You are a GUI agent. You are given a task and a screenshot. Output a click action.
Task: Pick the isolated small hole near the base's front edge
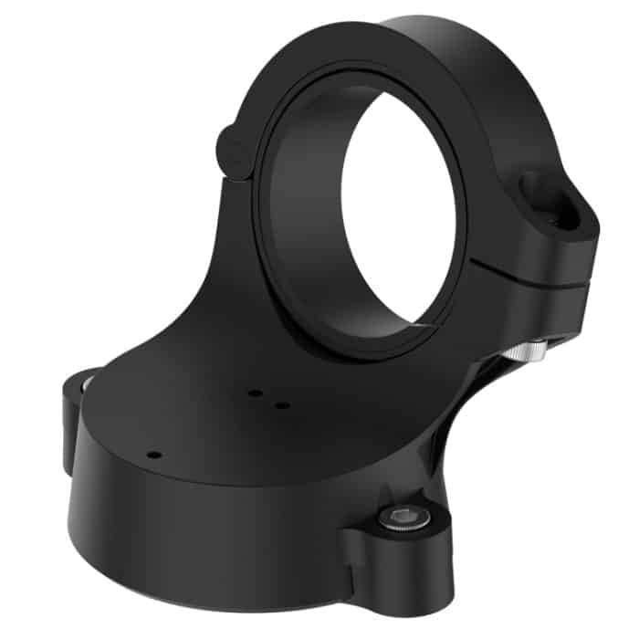click(x=154, y=454)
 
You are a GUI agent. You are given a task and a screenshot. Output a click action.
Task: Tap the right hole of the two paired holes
click(x=282, y=404)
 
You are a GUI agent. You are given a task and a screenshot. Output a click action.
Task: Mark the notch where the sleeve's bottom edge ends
click(x=422, y=324)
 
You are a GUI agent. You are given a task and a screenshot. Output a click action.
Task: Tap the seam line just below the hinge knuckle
click(x=239, y=178)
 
